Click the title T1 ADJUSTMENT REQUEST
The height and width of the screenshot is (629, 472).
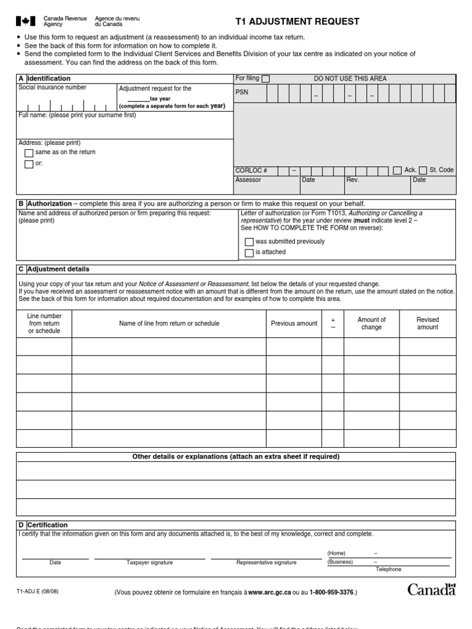click(x=297, y=22)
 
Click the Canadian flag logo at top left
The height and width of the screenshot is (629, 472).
click(x=25, y=22)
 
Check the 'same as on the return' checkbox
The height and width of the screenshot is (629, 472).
click(x=28, y=153)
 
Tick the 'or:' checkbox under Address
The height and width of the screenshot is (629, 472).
click(x=28, y=164)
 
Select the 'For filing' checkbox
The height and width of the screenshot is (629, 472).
click(x=265, y=79)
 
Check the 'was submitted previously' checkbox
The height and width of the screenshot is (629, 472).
click(x=249, y=242)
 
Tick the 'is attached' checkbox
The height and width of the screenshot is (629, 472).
click(x=249, y=252)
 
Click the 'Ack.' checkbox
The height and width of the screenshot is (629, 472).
click(x=397, y=170)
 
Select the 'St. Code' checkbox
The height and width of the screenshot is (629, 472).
click(x=423, y=170)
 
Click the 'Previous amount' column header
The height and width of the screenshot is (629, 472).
click(x=294, y=323)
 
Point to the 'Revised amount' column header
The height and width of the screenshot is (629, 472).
click(x=428, y=323)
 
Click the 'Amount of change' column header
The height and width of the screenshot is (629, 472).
click(x=371, y=323)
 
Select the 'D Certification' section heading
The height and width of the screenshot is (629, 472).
click(x=43, y=525)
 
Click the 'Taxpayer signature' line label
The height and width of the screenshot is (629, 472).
click(x=149, y=562)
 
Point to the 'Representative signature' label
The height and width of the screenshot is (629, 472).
click(x=266, y=562)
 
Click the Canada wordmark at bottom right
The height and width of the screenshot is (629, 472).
click(x=432, y=590)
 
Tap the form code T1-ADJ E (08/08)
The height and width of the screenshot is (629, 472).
click(x=37, y=592)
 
